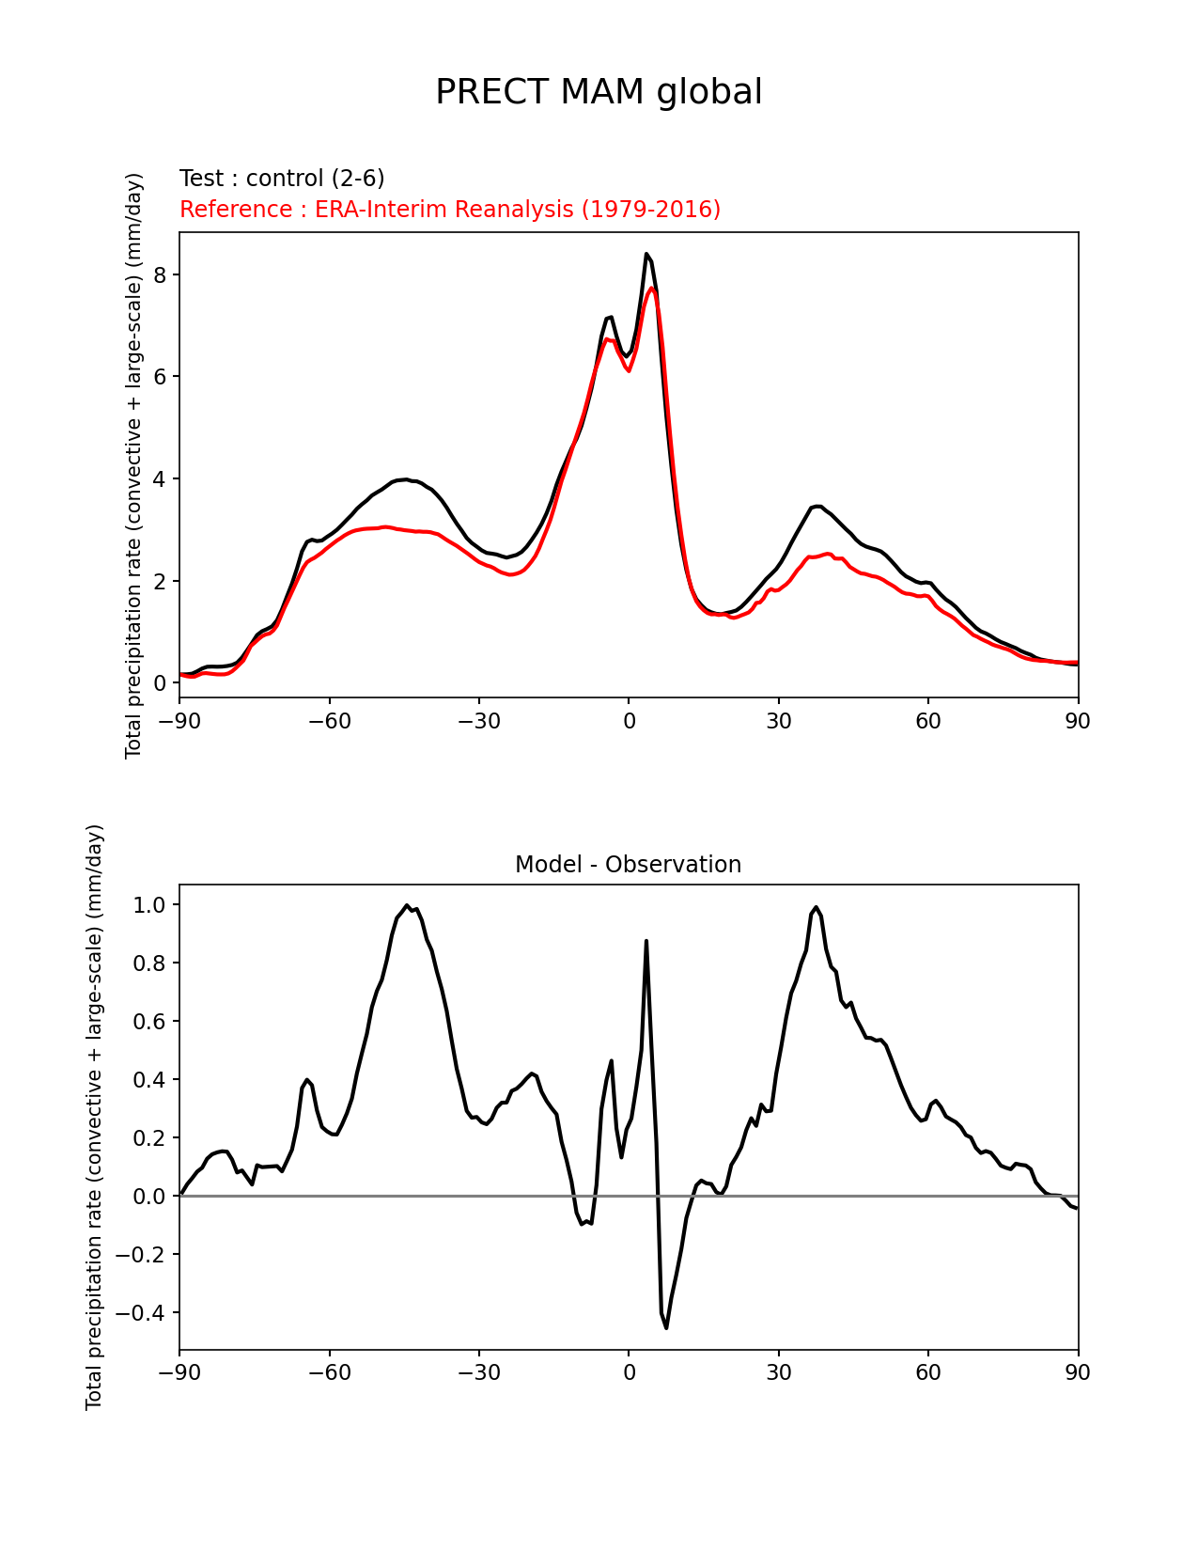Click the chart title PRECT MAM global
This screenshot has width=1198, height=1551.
599,92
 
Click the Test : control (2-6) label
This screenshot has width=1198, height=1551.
282,179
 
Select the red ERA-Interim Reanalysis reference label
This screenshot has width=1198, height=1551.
450,209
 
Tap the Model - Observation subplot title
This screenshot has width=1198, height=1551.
628,865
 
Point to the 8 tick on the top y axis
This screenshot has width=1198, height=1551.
160,274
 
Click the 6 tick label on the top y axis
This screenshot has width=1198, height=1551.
160,376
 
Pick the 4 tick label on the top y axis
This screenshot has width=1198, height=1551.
160,478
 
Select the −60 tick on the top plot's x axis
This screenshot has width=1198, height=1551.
329,721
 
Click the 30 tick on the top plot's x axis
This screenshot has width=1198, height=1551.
778,721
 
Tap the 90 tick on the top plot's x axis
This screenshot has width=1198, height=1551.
1078,721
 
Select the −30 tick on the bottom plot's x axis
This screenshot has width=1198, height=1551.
478,1372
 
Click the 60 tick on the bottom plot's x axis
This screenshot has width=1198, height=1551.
927,1372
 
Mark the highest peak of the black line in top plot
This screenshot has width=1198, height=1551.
646,254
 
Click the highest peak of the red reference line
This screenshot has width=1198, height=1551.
652,289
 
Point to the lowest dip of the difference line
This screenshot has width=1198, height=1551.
666,1327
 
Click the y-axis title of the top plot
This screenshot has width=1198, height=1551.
134,465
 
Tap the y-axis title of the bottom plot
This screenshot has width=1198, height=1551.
94,1117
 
